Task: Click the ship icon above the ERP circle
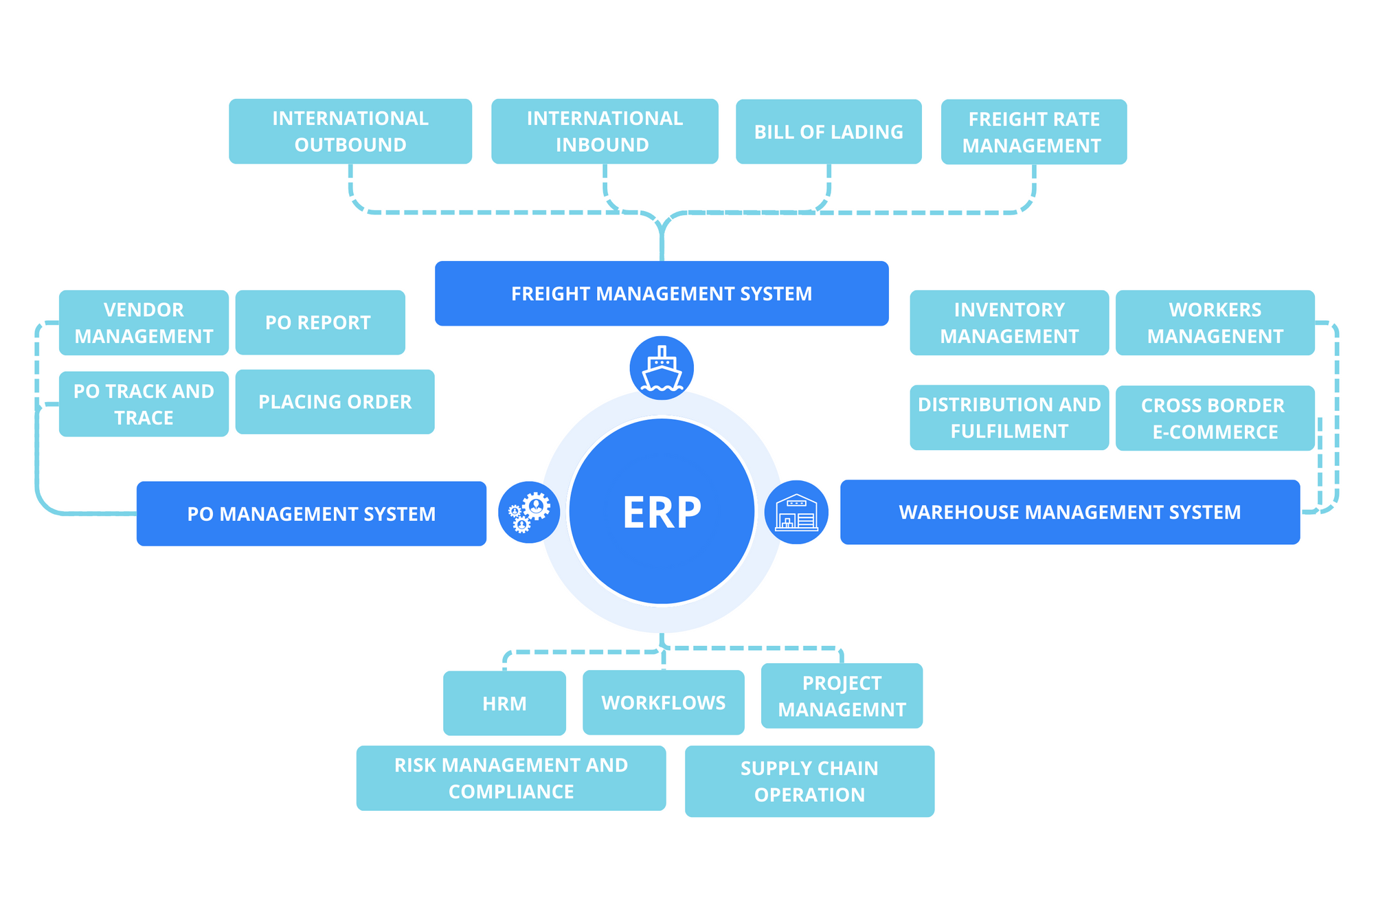[x=662, y=368]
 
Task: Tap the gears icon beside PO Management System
[x=529, y=512]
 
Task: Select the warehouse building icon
[x=796, y=512]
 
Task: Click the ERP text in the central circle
[x=662, y=512]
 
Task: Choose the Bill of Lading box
[x=829, y=131]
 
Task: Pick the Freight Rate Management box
[x=1034, y=132]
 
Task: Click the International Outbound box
[x=350, y=131]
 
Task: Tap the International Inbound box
[x=605, y=131]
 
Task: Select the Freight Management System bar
[x=662, y=293]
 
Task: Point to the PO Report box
[x=320, y=322]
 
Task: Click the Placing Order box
[x=335, y=402]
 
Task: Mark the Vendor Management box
[x=144, y=322]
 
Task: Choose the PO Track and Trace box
[x=144, y=404]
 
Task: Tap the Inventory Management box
[x=1009, y=322]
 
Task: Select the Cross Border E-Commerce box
[x=1215, y=418]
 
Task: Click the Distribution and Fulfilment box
[x=1009, y=417]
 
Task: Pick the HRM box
[x=504, y=703]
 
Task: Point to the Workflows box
[x=664, y=702]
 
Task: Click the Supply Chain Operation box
[x=809, y=781]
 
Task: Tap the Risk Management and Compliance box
[x=511, y=778]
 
